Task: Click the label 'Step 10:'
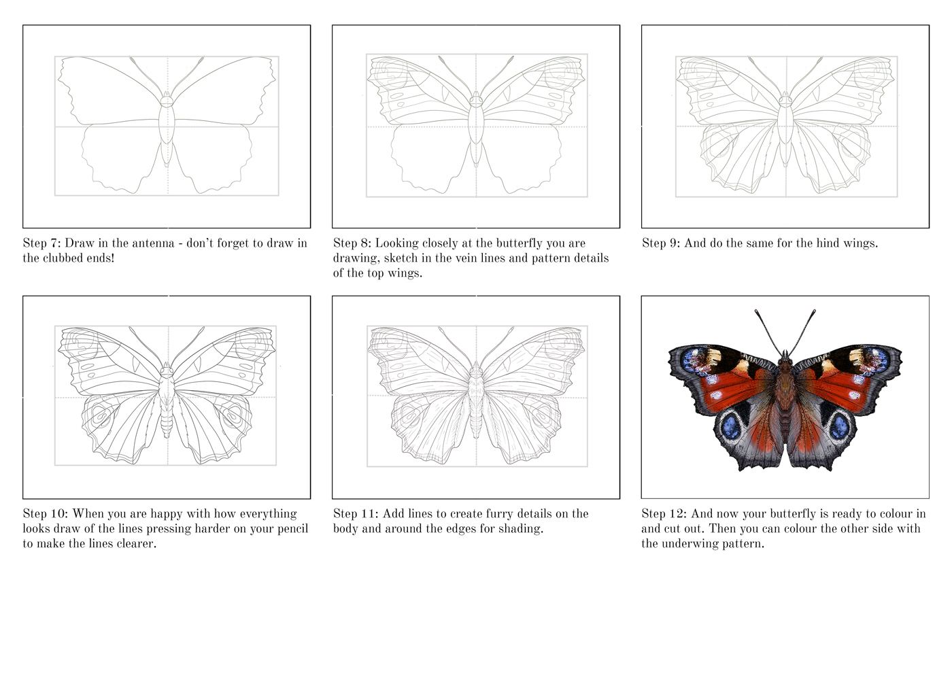click(45, 514)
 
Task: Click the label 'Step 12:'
click(664, 514)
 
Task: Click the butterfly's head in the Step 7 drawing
click(167, 101)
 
